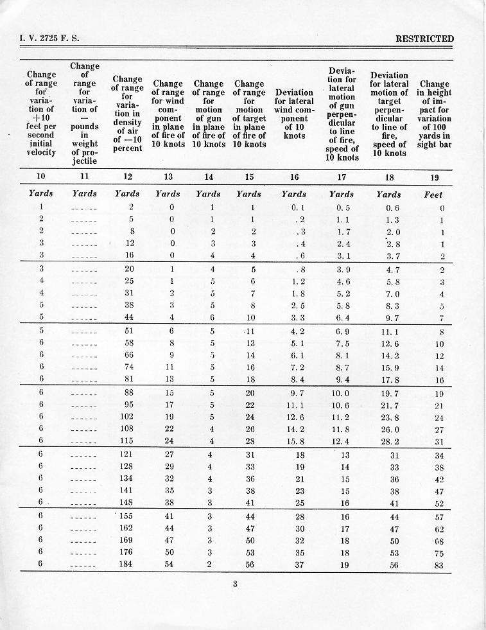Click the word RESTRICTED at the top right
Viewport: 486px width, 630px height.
[x=424, y=39]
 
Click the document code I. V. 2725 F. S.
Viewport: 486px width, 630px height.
[x=50, y=39]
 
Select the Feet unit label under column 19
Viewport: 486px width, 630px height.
[x=433, y=194]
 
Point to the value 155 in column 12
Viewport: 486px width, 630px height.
[x=126, y=516]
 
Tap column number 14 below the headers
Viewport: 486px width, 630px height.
[x=209, y=177]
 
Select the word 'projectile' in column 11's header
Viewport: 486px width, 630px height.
[x=85, y=161]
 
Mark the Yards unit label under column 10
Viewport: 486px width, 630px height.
[x=41, y=194]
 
